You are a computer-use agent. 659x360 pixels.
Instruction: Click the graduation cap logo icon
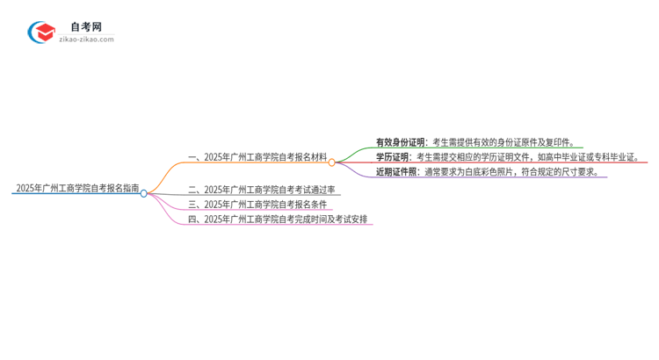41,32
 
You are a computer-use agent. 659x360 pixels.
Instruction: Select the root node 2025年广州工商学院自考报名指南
77,188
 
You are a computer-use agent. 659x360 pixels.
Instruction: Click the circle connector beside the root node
144,193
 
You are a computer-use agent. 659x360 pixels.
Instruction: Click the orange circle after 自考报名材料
332,162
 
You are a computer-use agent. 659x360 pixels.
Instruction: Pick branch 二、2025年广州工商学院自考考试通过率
261,189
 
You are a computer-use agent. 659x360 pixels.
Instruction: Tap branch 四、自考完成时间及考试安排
279,219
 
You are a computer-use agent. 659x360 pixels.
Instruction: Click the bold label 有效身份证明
401,142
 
